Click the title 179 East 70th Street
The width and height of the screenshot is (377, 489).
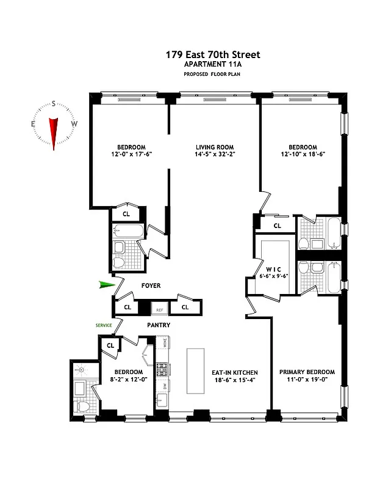pyautogui.click(x=212, y=55)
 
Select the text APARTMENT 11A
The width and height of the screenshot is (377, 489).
pyautogui.click(x=212, y=65)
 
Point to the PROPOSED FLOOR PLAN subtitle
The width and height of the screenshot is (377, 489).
pyautogui.click(x=212, y=75)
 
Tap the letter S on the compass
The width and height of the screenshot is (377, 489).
pyautogui.click(x=54, y=103)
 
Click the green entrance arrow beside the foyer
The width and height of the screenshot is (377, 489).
pyautogui.click(x=107, y=284)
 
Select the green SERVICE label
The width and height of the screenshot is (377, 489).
pyautogui.click(x=103, y=325)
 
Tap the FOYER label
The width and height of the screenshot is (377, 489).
pyautogui.click(x=151, y=285)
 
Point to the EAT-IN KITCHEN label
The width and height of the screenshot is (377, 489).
pyautogui.click(x=235, y=372)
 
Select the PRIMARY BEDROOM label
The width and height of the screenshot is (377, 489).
pyautogui.click(x=307, y=372)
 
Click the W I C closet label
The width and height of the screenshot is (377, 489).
pyautogui.click(x=273, y=270)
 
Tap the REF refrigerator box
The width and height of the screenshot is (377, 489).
pyautogui.click(x=159, y=309)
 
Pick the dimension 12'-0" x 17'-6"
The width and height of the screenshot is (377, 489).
pyautogui.click(x=131, y=155)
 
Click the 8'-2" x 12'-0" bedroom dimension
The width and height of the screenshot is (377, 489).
pyautogui.click(x=129, y=380)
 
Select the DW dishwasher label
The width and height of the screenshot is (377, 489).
pyautogui.click(x=164, y=386)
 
